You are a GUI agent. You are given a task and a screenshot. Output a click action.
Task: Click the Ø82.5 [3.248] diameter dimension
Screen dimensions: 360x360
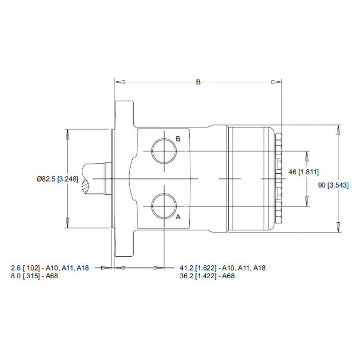pos(58,179)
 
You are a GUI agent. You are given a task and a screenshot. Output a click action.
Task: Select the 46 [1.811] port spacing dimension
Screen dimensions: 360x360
pos(303,172)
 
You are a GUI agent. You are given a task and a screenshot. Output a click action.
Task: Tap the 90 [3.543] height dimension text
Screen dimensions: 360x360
pos(333,185)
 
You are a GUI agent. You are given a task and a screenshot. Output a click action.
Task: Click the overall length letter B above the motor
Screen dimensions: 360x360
pos(198,82)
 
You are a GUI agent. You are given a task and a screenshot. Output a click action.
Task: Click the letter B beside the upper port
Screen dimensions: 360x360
pos(178,139)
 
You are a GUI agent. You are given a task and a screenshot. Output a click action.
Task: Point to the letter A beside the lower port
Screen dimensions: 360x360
pos(178,217)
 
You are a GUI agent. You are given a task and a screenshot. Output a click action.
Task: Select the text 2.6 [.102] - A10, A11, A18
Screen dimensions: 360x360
pos(50,268)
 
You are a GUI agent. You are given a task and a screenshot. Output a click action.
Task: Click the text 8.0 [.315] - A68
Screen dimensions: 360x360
pos(34,276)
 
